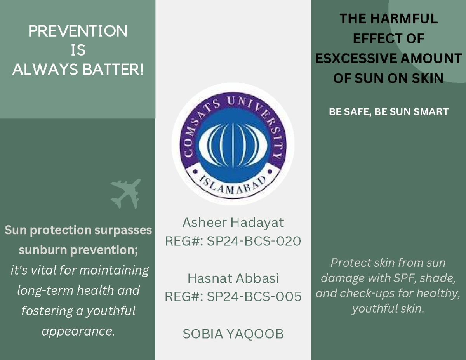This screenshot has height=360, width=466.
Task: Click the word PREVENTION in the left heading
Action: click(x=78, y=31)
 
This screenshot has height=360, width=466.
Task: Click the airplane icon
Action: click(x=125, y=193)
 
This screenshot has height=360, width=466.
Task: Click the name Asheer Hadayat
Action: click(x=233, y=223)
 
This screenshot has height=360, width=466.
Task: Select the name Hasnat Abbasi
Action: click(x=233, y=278)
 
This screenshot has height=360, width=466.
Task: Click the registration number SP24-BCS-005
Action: click(x=254, y=297)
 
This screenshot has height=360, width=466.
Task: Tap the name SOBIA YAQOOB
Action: click(x=233, y=334)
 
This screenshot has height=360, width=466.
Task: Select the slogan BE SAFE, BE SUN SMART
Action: click(x=388, y=112)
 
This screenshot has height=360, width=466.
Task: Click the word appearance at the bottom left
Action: click(x=78, y=332)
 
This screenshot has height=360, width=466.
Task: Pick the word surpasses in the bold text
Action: click(x=125, y=230)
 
